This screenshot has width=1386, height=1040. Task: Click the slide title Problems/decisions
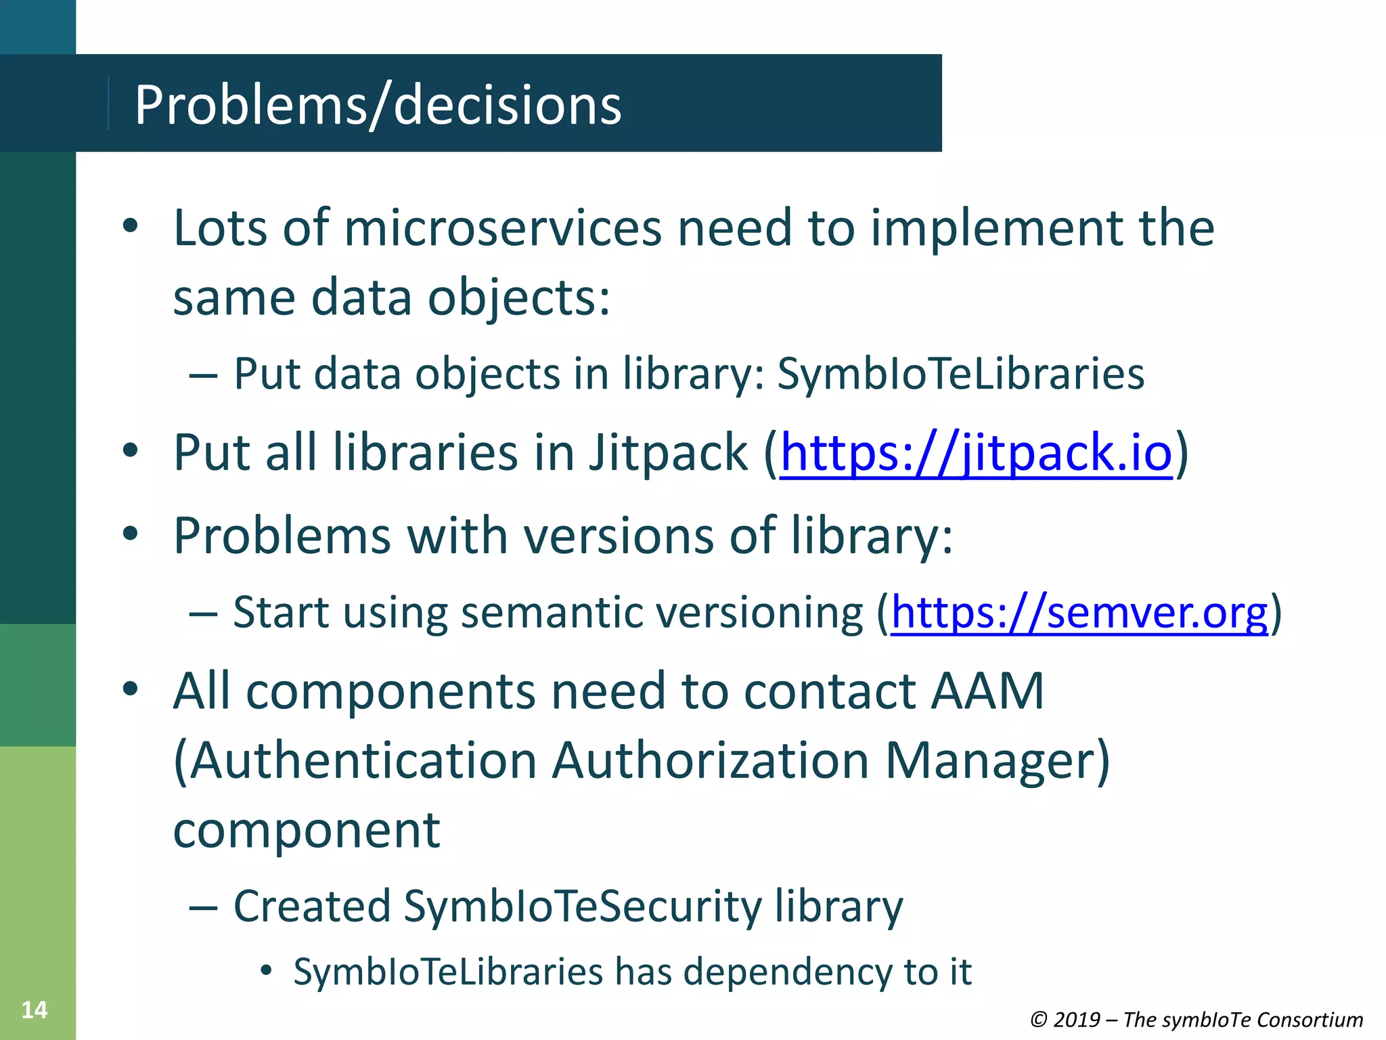378,105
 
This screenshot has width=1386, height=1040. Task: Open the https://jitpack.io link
975,452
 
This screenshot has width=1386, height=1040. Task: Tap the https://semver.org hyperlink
1079,613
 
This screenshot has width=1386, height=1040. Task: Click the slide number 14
35,1010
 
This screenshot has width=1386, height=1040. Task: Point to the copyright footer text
1196,1019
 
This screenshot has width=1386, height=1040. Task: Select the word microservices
503,227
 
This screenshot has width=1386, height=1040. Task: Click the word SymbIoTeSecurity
583,906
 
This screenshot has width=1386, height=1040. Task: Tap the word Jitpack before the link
668,452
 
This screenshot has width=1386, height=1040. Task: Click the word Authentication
355,760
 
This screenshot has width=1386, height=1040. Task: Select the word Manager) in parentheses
998,760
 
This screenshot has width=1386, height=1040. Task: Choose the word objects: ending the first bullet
519,297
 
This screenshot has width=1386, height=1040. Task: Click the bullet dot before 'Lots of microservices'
131,226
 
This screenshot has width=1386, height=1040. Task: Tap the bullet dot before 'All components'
131,689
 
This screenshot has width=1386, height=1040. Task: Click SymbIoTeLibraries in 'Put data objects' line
960,373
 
